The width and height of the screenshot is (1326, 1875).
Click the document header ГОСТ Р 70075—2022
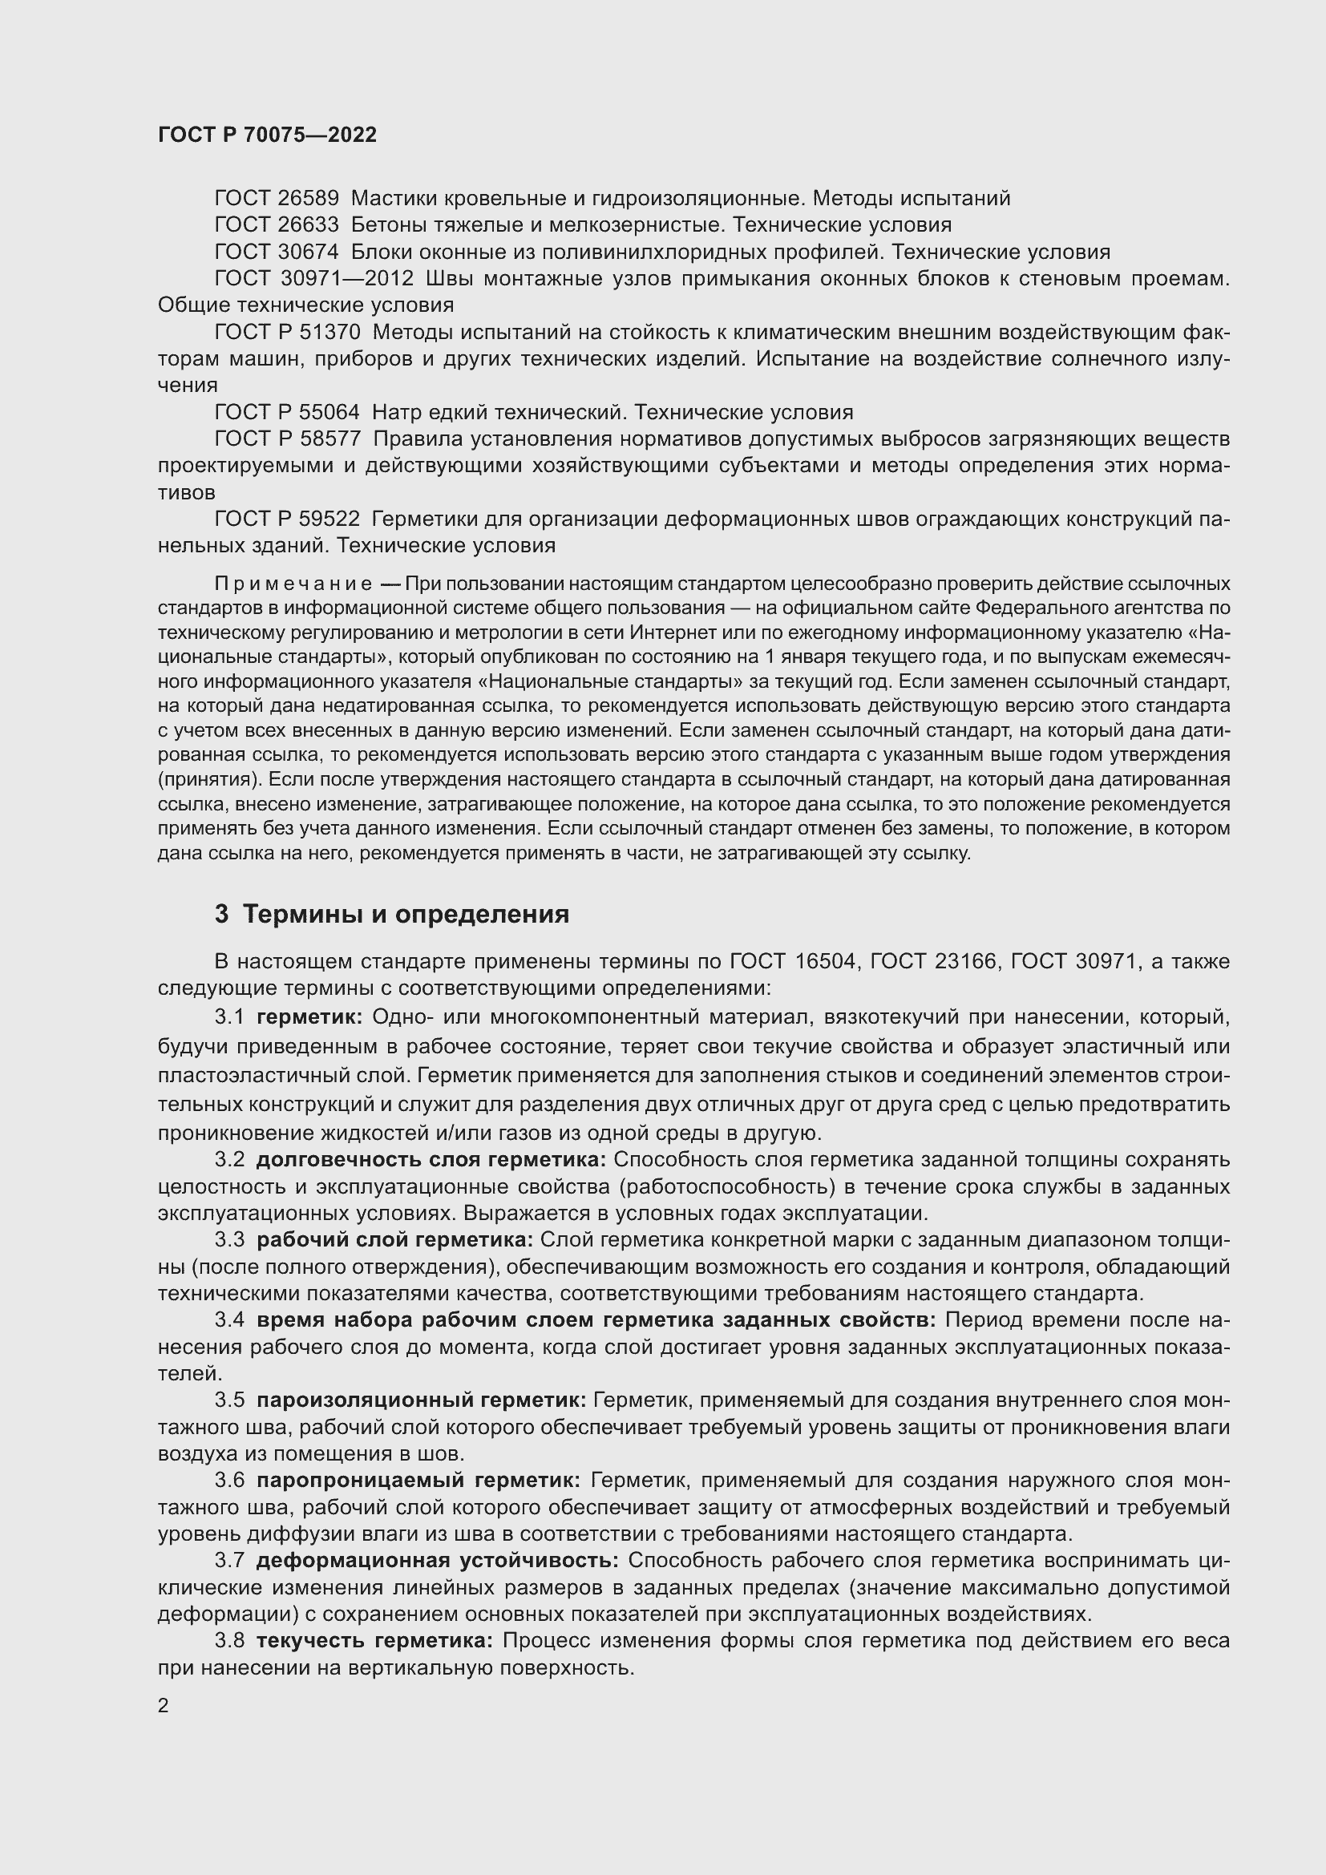click(267, 135)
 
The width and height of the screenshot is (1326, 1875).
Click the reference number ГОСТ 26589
click(276, 199)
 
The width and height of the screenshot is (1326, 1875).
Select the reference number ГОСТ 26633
click(276, 224)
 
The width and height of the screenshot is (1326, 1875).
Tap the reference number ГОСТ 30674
click(276, 252)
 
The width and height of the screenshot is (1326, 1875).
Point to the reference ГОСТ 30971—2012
click(313, 278)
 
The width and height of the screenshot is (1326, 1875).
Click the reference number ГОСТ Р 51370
click(286, 333)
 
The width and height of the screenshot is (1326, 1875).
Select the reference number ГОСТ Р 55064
click(286, 412)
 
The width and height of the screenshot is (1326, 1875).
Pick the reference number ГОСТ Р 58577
click(286, 439)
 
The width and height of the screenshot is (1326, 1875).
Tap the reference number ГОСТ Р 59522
click(286, 519)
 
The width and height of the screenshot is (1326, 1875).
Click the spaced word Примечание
click(293, 584)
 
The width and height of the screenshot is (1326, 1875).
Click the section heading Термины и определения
click(406, 914)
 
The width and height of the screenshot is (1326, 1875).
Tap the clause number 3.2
click(229, 1160)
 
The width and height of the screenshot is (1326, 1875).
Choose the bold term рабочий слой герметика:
click(394, 1239)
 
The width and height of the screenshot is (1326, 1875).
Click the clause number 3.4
click(229, 1320)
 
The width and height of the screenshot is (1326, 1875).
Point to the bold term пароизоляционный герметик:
click(422, 1400)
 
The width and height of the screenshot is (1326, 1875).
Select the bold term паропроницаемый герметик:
click(418, 1481)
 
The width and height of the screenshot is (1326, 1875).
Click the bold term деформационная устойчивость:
click(437, 1561)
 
